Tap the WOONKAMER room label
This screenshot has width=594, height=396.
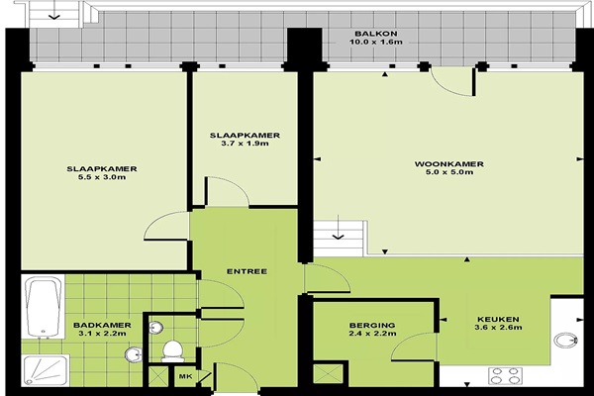448,164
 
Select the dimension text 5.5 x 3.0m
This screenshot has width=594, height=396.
102,177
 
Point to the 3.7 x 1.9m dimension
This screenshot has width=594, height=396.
245,144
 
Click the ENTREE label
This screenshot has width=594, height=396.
247,271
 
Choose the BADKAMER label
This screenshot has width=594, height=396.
102,325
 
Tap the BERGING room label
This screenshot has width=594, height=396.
372,325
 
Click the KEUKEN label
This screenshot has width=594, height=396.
498,319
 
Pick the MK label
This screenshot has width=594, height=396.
186,376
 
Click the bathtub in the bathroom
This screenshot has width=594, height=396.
43,307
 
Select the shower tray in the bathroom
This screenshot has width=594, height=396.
46,370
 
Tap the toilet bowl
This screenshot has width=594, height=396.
172,351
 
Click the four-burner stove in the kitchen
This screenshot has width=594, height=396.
505,376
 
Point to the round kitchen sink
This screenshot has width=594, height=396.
566,340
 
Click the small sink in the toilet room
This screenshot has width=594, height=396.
155,328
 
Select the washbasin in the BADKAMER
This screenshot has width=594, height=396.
133,354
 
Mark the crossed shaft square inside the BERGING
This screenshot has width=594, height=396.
328,373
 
